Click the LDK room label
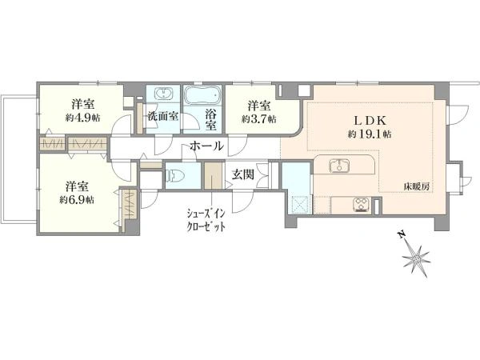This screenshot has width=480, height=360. point(370,120)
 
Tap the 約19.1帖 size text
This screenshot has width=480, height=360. point(370,134)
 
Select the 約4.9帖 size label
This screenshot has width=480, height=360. point(82,118)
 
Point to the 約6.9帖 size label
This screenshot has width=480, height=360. point(77,200)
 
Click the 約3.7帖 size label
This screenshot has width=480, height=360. point(259,118)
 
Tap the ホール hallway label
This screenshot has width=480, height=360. point(206,146)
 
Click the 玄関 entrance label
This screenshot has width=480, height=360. point(242,174)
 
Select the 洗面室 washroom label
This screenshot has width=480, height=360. point(163,116)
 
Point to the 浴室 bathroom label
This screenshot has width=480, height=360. point(210,120)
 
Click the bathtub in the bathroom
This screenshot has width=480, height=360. point(203,95)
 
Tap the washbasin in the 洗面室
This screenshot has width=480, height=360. point(164,93)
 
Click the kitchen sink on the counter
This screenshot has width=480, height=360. point(340,166)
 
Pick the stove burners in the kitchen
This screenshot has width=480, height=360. point(362,205)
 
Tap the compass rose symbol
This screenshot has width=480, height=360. point(416,259)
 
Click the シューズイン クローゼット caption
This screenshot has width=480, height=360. point(206,219)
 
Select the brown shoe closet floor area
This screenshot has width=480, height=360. point(213,175)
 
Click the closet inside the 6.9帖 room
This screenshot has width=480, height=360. point(130,205)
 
